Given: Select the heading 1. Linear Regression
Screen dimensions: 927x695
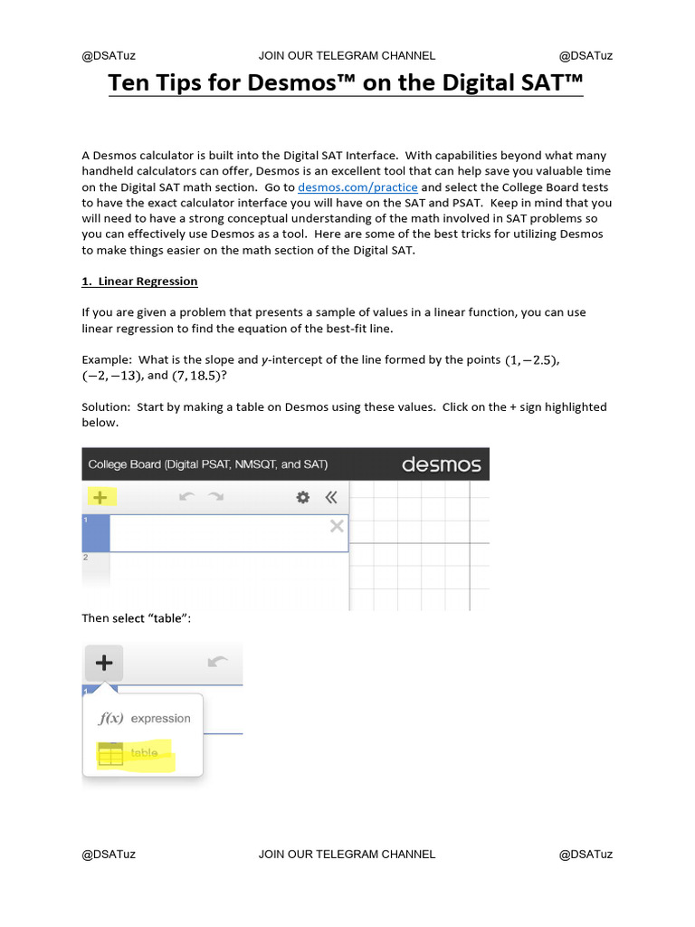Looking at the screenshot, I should [139, 282].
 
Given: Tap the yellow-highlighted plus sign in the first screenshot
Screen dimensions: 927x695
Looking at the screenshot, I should [100, 497].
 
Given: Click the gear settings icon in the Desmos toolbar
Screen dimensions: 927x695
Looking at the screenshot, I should [303, 497].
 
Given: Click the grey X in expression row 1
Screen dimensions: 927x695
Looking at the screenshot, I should [337, 526].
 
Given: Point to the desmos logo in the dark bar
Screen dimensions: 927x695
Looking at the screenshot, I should [441, 465].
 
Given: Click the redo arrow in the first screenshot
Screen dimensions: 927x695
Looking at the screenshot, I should [216, 497].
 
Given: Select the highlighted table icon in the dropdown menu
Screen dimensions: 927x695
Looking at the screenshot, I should [110, 754].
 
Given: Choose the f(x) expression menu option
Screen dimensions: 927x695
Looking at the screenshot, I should [145, 719].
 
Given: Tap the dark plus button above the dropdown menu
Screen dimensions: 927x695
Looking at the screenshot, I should [104, 663].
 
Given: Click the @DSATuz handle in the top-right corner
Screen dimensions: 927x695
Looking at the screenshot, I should [586, 55].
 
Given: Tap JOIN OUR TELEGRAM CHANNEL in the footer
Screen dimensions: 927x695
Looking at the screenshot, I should [347, 854].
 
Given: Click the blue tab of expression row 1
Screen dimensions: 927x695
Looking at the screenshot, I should [96, 533].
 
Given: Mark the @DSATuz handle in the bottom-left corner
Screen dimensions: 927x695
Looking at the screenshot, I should [109, 854].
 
